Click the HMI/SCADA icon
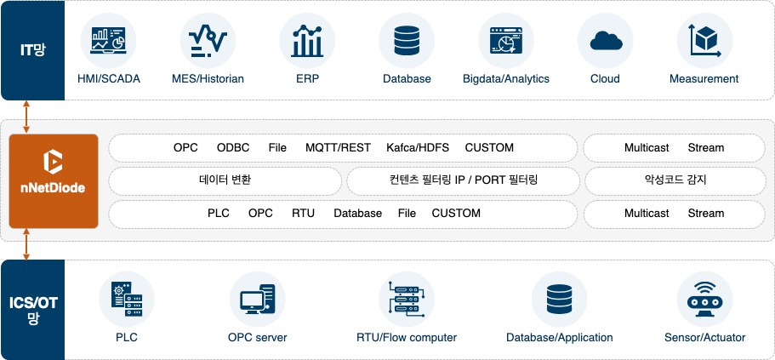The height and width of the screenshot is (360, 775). (x=108, y=41)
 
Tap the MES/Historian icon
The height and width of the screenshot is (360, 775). (x=208, y=41)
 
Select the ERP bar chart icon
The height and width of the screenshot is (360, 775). (x=307, y=41)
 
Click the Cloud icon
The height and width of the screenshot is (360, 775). (x=605, y=41)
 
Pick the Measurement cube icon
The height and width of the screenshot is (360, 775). (x=704, y=41)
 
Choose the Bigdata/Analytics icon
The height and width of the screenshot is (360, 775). (x=505, y=41)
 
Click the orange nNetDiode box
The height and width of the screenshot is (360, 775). (x=54, y=180)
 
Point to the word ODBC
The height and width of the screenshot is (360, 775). (x=233, y=148)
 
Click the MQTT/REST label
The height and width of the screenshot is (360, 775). (x=338, y=148)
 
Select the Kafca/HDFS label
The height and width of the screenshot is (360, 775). (x=418, y=148)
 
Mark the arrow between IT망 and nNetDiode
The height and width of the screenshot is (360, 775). (x=27, y=117)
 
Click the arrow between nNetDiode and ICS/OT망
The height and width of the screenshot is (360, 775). (x=27, y=243)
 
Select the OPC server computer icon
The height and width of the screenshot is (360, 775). (x=257, y=300)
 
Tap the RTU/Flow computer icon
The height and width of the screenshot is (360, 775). (x=406, y=300)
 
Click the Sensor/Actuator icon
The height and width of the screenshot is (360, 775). (x=704, y=300)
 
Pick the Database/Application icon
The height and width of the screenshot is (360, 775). (x=559, y=300)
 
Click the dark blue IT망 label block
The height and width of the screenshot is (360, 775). (x=32, y=50)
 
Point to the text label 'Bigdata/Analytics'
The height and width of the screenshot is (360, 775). (x=505, y=79)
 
